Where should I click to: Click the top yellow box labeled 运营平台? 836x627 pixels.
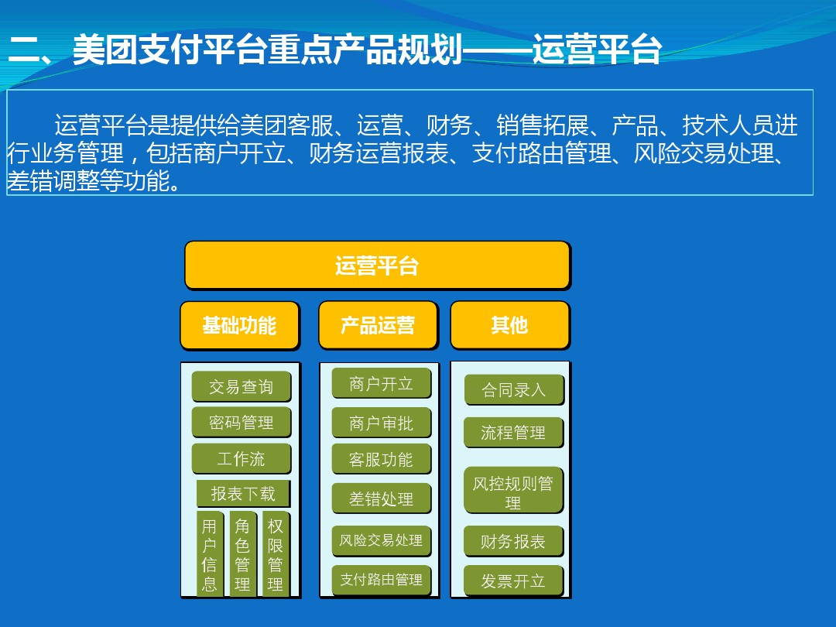378,266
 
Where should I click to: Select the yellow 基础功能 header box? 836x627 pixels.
240,325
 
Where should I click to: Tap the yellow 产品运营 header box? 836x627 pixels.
378,325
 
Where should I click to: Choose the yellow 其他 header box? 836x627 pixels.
510,325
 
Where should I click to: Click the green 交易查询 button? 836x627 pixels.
241,386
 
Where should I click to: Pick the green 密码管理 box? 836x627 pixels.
241,423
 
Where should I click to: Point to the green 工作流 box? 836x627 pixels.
241,458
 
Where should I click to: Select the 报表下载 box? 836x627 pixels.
243,494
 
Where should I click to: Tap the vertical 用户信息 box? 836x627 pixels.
210,554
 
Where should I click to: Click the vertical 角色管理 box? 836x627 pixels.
242,554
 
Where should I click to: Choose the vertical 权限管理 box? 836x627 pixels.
276,554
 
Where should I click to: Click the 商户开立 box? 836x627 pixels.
381,383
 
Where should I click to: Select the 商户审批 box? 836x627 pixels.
381,423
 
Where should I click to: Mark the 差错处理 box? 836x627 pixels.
381,499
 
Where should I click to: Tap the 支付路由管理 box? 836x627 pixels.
381,580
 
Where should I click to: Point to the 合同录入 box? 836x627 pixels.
513,389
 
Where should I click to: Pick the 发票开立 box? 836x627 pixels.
513,581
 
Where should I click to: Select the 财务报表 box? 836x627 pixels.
513,542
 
